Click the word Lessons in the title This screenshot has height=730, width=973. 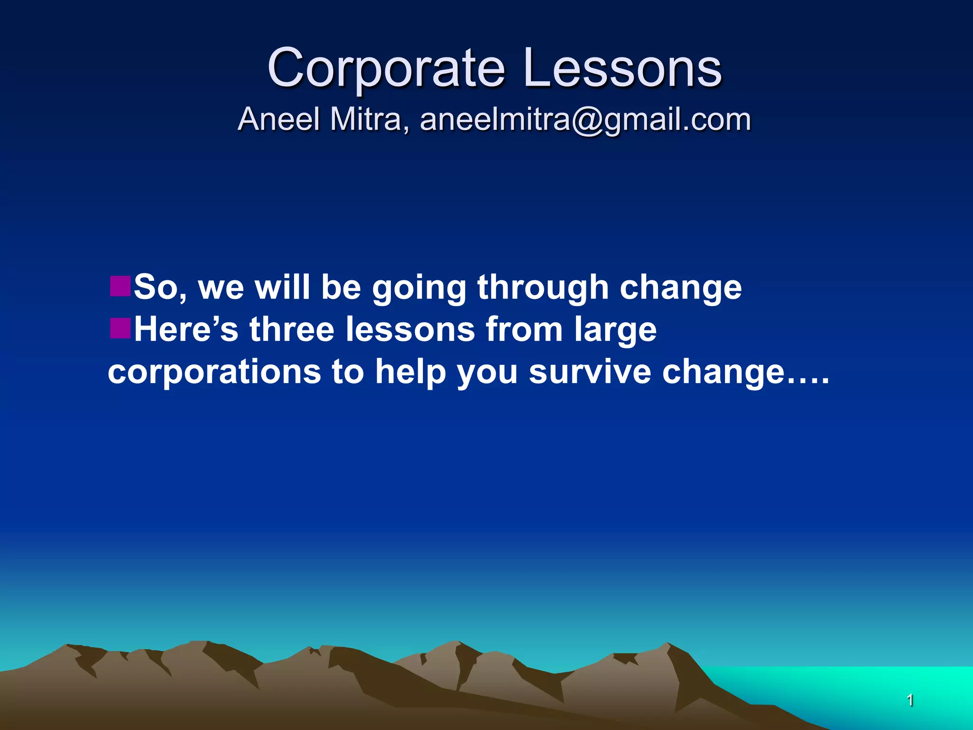pyautogui.click(x=622, y=69)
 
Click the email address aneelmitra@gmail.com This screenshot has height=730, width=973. pyautogui.click(x=585, y=120)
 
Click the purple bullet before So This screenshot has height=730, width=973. pyautogui.click(x=120, y=286)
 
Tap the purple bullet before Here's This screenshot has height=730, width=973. pyautogui.click(x=120, y=328)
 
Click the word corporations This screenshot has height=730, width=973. pyautogui.click(x=214, y=372)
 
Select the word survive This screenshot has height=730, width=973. pyautogui.click(x=590, y=372)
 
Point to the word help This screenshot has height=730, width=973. pyautogui.click(x=410, y=373)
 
